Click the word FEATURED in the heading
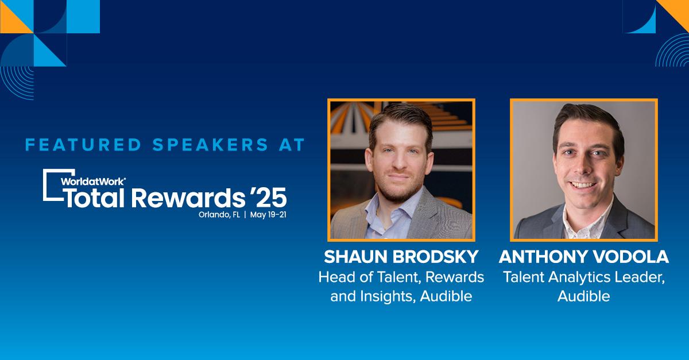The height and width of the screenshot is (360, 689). [x=83, y=145]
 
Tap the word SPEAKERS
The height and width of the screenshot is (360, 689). [x=210, y=145]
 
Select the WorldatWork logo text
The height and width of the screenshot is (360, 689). [x=93, y=181]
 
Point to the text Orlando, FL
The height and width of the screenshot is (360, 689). [x=219, y=215]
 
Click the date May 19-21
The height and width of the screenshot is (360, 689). [x=268, y=215]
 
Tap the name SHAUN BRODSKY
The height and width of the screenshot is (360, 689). [x=401, y=257]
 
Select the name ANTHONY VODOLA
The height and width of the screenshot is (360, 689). [x=584, y=257]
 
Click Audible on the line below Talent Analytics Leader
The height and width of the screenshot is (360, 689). [x=584, y=296]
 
